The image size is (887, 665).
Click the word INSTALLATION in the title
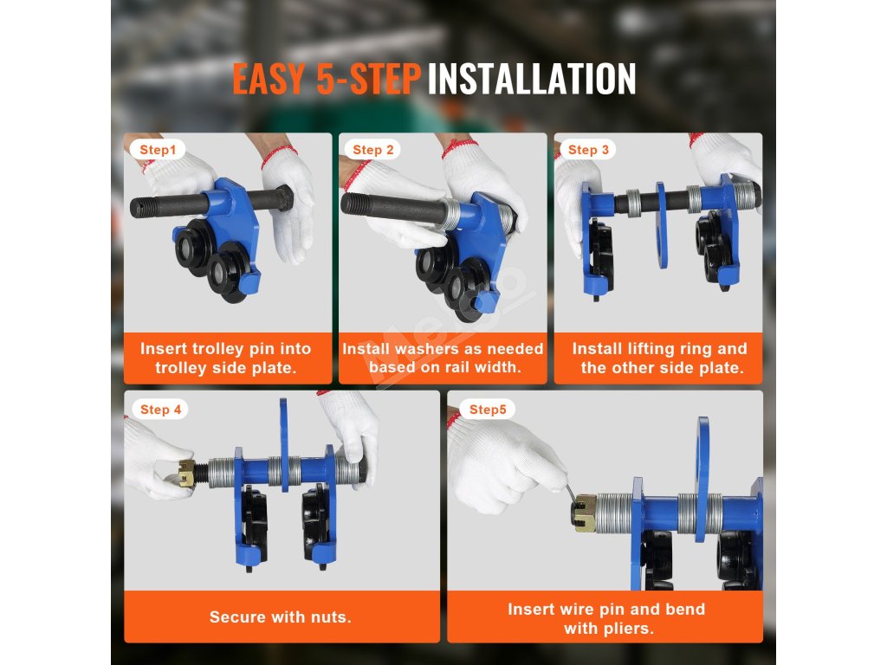pos(532,79)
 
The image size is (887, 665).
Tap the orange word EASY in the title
pos(269,79)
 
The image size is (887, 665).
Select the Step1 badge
pos(158,150)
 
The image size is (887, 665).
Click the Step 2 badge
pos(372,150)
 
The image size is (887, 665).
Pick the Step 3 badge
pos(588,150)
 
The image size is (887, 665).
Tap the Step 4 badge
pos(160,410)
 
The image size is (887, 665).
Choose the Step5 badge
pos(488,410)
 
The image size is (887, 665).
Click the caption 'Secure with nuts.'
pos(281,617)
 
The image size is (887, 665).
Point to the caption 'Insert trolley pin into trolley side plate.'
pos(226,358)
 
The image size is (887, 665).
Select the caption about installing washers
pos(443,358)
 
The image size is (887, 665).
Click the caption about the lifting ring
pos(659,358)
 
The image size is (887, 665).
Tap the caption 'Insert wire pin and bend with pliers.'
pos(606,618)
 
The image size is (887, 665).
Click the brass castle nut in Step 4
pos(187,473)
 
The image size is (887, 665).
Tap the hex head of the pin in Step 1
pos(283,198)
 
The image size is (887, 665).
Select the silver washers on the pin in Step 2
pos(450,213)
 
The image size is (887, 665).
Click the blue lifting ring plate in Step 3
pos(661,225)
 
